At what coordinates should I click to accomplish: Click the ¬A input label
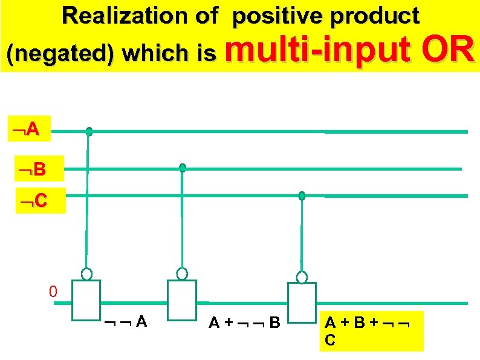pos(28,129)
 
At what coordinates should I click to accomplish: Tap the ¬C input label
pos(34,201)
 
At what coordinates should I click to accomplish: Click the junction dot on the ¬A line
pos(89,131)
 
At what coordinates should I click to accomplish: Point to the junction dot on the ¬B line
pos(183,168)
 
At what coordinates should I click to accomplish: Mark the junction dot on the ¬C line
pos(302,195)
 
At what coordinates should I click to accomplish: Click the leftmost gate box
pos(86,299)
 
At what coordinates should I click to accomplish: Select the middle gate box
pos(182,299)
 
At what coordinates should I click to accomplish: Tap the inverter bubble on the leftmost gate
pos(87,274)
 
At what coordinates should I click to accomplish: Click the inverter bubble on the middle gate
pos(181,273)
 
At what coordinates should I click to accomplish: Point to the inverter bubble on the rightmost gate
pos(302,277)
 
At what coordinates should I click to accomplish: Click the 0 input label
pos(53,292)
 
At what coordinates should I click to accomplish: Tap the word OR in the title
pos(441,52)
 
